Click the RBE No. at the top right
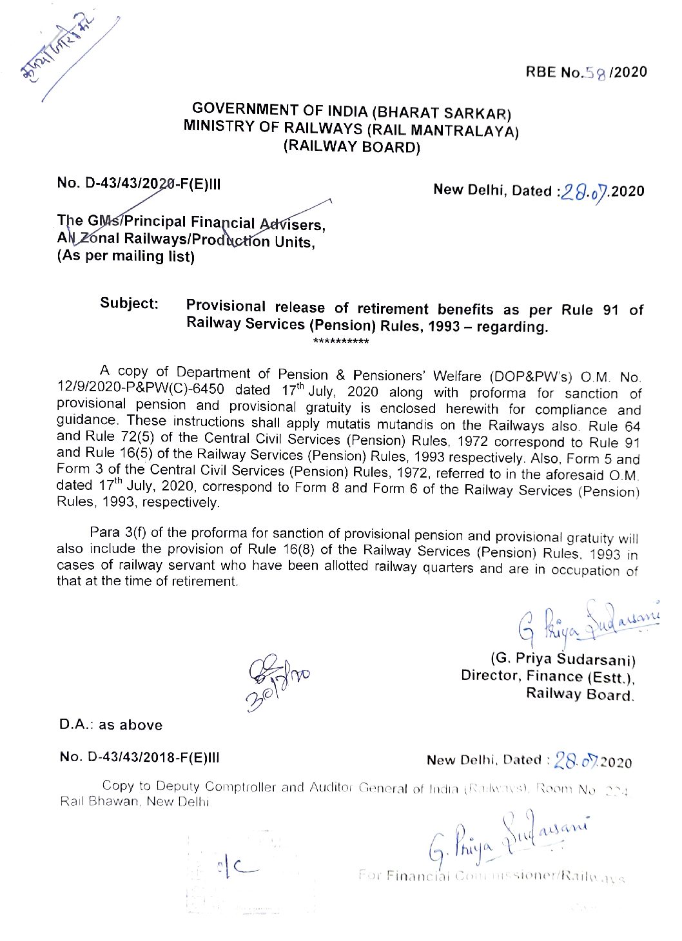(x=586, y=72)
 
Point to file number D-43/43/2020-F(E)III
(x=139, y=183)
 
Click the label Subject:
(x=129, y=304)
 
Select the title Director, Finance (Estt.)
(x=548, y=676)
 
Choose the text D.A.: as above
(x=111, y=724)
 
